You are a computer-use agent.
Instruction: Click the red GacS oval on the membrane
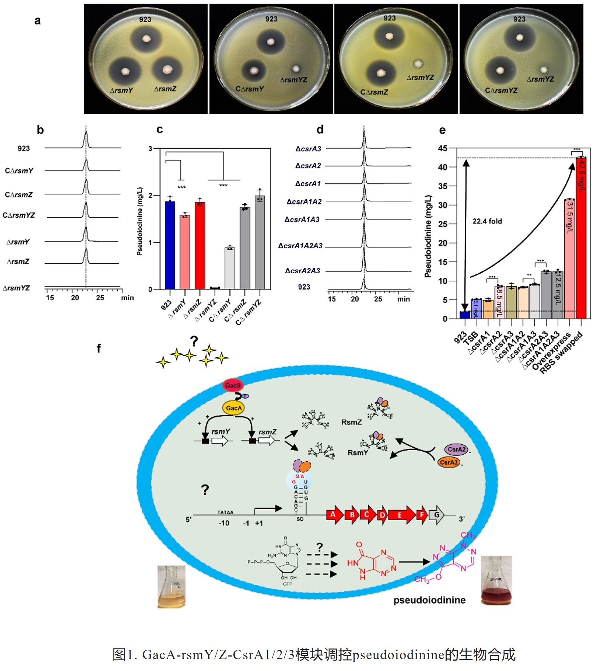(233, 385)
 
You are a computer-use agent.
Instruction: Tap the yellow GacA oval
(233, 408)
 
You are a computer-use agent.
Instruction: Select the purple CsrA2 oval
(456, 450)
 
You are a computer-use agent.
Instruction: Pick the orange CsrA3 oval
(449, 463)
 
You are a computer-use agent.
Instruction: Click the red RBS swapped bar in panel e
(581, 237)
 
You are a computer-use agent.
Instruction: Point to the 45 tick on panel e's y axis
(443, 148)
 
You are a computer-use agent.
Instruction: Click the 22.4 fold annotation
(487, 221)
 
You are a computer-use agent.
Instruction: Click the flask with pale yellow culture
(171, 587)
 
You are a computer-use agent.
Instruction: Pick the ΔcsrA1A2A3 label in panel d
(300, 246)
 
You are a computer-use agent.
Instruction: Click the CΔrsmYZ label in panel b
(19, 216)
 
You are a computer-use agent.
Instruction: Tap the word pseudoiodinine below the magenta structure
(429, 600)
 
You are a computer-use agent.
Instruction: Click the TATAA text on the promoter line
(225, 513)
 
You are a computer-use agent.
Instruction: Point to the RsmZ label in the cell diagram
(351, 422)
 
